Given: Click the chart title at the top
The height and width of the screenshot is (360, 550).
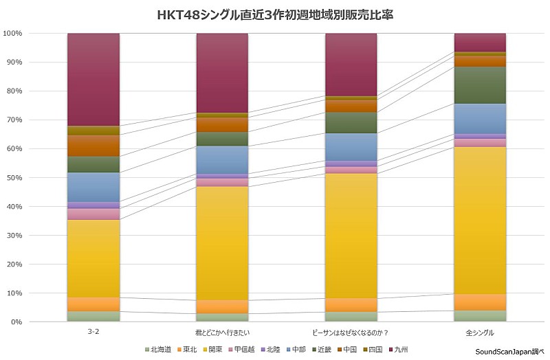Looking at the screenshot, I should [274, 14].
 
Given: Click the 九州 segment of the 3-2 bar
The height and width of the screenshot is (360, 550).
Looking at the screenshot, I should [93, 79].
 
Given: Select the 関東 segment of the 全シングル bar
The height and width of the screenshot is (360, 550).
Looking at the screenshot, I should [480, 220].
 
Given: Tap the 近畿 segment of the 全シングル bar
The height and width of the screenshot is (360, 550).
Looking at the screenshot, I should [480, 85].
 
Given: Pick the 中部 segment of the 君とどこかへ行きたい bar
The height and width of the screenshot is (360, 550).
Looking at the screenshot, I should [222, 159].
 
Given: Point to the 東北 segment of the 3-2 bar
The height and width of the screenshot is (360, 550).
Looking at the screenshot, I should [93, 304].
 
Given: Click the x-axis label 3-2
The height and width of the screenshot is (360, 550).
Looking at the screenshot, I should [93, 333].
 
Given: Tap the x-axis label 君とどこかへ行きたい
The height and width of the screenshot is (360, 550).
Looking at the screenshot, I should [222, 333].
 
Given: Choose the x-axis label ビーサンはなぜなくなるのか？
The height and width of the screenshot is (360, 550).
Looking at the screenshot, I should [351, 333].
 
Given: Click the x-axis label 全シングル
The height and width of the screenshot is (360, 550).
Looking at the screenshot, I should [480, 333].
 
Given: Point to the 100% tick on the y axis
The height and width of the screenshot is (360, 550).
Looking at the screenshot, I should [13, 34].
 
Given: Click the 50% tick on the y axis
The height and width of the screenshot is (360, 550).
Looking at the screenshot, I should [15, 178].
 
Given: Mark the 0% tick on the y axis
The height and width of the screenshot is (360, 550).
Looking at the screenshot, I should [17, 322].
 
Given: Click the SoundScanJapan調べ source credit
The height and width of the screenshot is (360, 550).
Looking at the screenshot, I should [509, 351].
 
